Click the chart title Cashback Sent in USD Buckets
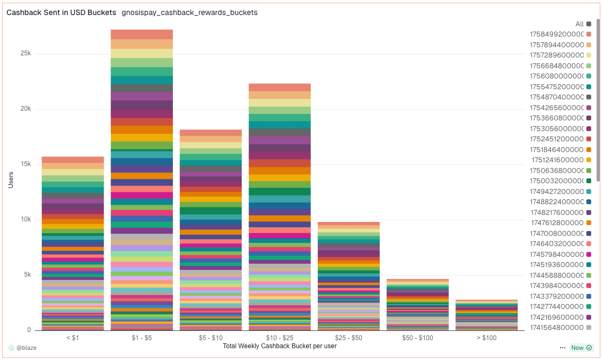(x=61, y=12)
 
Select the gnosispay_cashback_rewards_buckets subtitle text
(x=190, y=12)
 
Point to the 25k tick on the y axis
(x=26, y=54)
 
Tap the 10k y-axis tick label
(x=26, y=219)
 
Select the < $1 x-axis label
(x=72, y=337)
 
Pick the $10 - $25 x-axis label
(x=279, y=337)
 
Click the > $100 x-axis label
(x=486, y=337)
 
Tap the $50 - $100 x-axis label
(x=418, y=337)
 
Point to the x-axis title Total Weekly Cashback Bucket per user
(x=279, y=345)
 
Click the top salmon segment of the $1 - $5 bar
(x=141, y=34)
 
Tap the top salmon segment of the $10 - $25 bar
(x=279, y=88)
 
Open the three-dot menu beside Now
(x=562, y=348)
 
